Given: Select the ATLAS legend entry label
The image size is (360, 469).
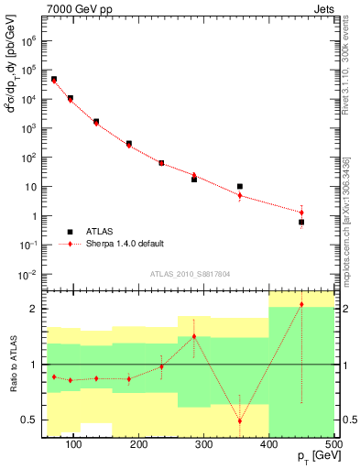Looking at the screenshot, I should pyautogui.click(x=102, y=231).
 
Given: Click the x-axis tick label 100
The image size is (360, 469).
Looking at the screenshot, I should pyautogui.click(x=75, y=444).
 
